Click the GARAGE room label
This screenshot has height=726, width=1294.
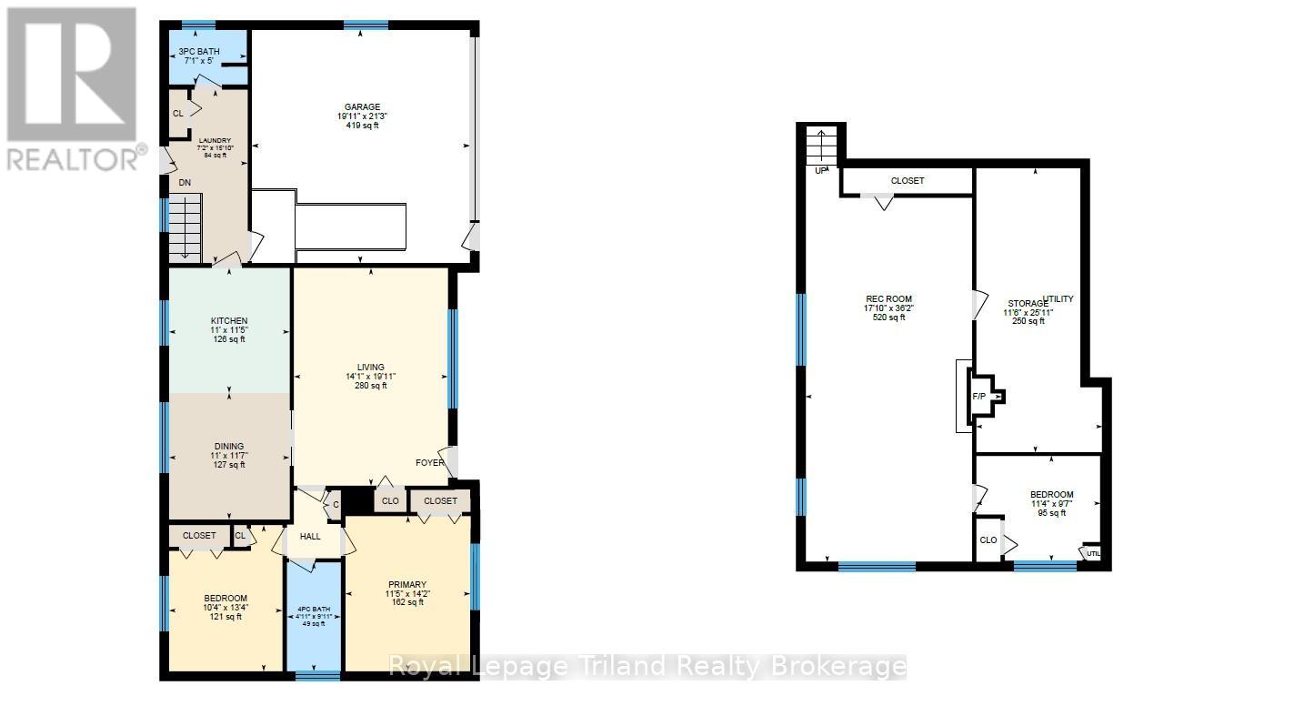pyautogui.click(x=362, y=106)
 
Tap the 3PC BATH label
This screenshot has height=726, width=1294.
pyautogui.click(x=198, y=51)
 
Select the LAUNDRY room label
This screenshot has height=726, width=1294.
pyautogui.click(x=215, y=141)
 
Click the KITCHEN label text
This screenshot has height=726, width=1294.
pyautogui.click(x=229, y=321)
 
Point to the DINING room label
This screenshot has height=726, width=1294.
pyautogui.click(x=229, y=446)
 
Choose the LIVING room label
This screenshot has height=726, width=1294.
pyautogui.click(x=371, y=367)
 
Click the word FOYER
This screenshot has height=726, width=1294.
pyautogui.click(x=430, y=462)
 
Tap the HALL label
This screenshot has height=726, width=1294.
pyautogui.click(x=310, y=537)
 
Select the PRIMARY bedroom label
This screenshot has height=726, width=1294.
pyautogui.click(x=406, y=584)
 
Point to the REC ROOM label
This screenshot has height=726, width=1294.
pyautogui.click(x=888, y=298)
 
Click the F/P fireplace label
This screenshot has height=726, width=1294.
pyautogui.click(x=979, y=397)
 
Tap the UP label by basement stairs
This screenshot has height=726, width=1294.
pyautogui.click(x=821, y=170)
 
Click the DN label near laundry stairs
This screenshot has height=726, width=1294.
pyautogui.click(x=184, y=183)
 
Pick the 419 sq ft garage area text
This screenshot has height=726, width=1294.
pyautogui.click(x=362, y=126)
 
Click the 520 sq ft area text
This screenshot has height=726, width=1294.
pyautogui.click(x=888, y=318)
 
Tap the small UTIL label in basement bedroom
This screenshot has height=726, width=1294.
pyautogui.click(x=1093, y=552)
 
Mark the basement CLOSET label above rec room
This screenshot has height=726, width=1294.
pyautogui.click(x=907, y=181)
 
